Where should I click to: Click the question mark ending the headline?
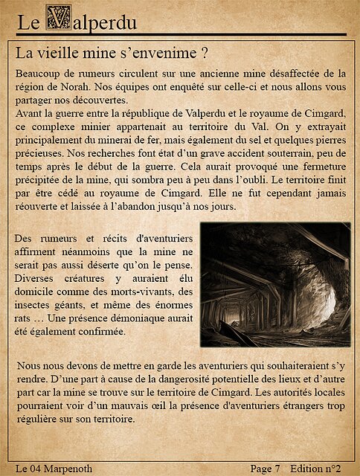pos(202,54)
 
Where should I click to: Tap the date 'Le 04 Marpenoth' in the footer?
pos(54,468)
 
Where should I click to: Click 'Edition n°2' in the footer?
pos(315,468)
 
